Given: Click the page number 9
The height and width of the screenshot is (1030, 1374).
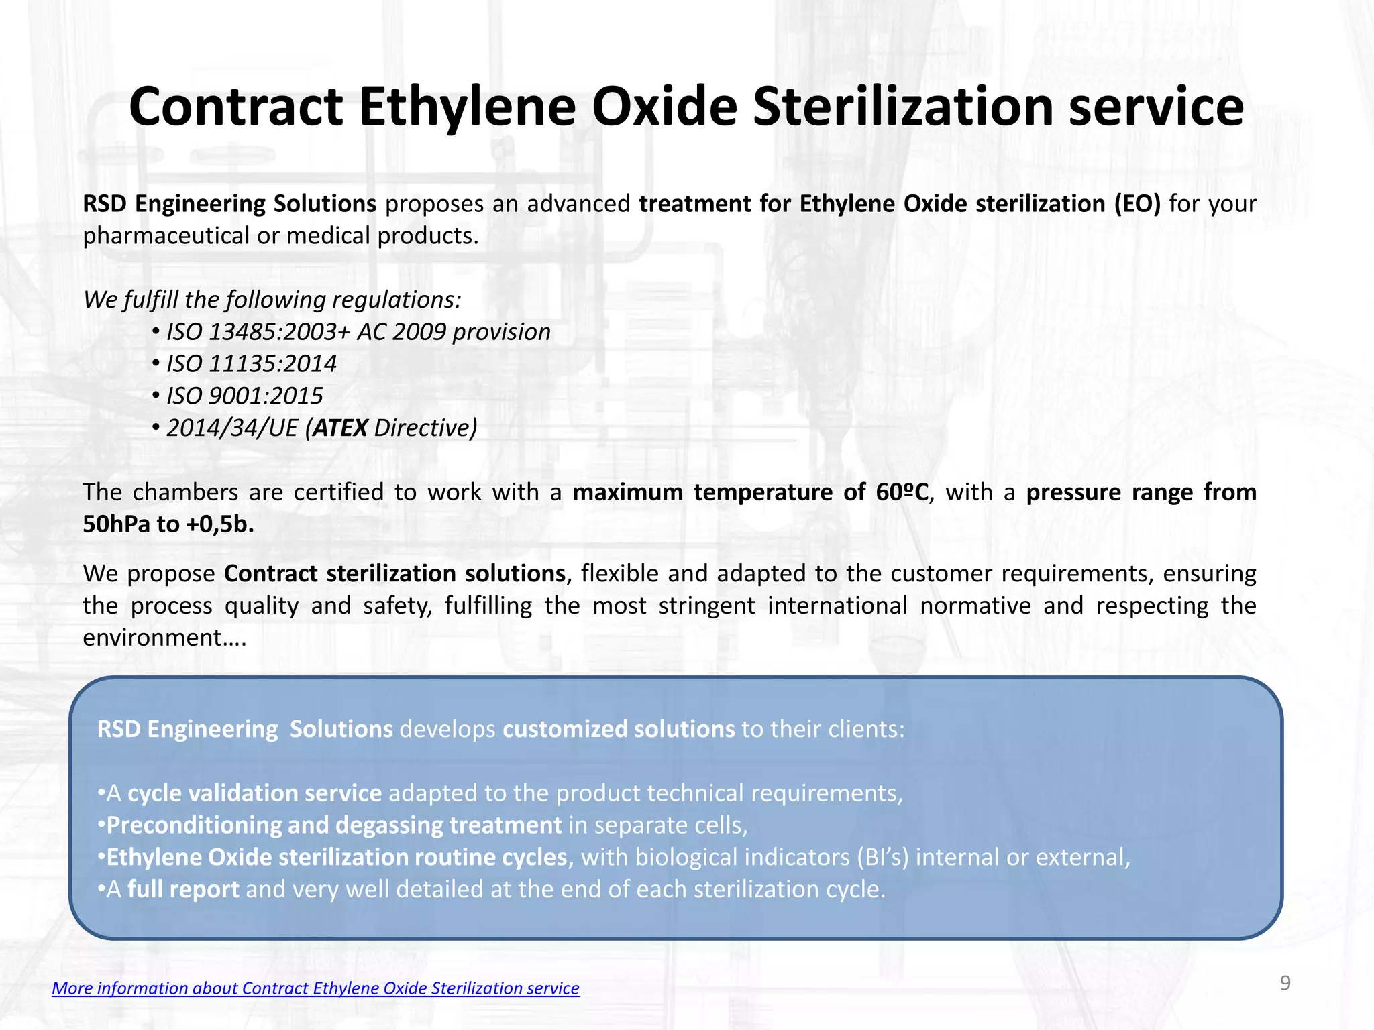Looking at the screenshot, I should click(x=1285, y=983).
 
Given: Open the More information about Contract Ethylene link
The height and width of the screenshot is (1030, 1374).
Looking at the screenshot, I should click(x=315, y=988).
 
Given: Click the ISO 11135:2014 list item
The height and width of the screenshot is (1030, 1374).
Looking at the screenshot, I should click(x=251, y=364).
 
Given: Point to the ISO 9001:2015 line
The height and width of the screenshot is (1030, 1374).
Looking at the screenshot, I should click(x=244, y=396).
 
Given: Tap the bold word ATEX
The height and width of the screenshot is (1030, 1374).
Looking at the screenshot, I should click(x=340, y=428).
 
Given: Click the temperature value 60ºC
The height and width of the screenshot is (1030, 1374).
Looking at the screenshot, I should click(x=902, y=492).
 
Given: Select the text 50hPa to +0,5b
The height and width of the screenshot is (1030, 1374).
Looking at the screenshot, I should click(x=168, y=524).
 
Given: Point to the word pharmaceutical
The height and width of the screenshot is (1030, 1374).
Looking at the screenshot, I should click(x=166, y=236).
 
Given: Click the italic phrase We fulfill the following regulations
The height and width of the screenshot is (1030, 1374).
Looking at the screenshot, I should click(x=272, y=300).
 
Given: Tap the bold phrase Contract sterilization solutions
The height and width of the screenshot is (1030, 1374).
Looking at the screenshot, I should click(x=394, y=574).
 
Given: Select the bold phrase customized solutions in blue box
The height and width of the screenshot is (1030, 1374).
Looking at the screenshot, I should click(x=619, y=729).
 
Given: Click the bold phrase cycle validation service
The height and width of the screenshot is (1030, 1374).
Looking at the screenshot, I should click(x=254, y=793).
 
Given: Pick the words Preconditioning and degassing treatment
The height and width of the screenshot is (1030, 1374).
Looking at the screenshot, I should click(x=334, y=825).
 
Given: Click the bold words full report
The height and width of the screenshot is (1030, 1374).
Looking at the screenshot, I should click(x=183, y=889).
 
